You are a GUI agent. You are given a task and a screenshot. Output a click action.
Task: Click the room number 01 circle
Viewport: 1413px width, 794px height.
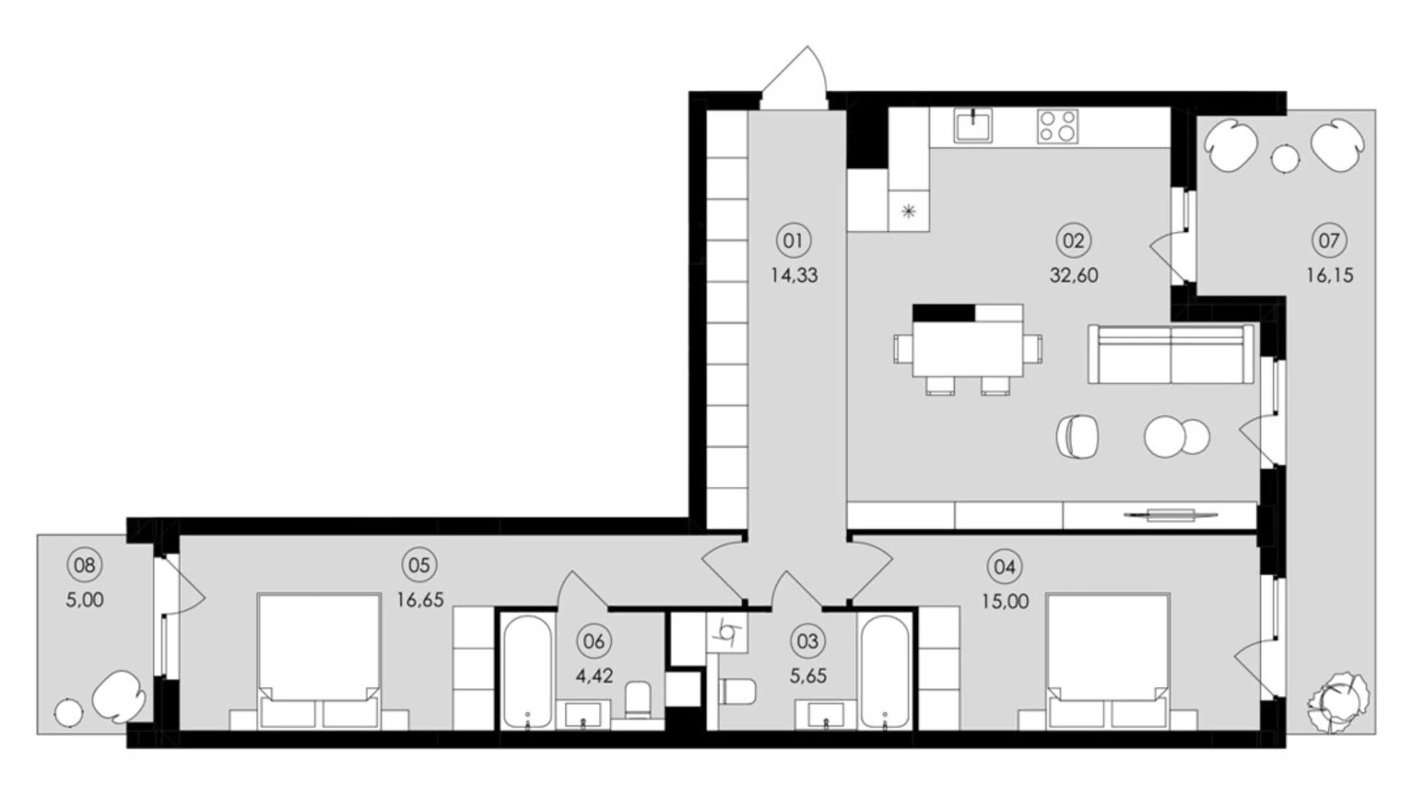793,241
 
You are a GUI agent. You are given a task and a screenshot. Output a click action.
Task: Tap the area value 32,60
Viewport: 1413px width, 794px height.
1073,276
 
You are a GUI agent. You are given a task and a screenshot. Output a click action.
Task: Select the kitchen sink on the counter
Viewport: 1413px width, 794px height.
973,126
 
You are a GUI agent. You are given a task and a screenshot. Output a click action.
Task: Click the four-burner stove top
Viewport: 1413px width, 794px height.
1058,127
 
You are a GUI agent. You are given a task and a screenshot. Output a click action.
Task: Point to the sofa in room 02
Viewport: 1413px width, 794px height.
1171,353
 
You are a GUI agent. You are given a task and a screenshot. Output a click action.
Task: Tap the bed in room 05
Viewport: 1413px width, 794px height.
319,661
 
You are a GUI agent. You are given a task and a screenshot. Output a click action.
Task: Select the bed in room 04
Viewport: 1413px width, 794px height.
1108,661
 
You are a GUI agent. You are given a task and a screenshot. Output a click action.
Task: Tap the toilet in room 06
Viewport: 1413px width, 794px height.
638,699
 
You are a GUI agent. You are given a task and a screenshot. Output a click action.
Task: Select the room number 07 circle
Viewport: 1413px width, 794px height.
1329,241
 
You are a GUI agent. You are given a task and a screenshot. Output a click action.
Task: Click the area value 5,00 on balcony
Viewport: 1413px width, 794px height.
85,600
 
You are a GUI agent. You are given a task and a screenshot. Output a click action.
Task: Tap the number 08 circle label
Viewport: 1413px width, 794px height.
84,566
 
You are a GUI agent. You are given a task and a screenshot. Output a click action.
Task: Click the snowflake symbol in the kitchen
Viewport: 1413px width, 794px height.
908,211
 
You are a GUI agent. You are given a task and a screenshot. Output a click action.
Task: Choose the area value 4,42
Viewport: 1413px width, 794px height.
594,676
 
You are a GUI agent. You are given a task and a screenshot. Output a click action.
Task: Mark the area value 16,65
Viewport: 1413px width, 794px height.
419,600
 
